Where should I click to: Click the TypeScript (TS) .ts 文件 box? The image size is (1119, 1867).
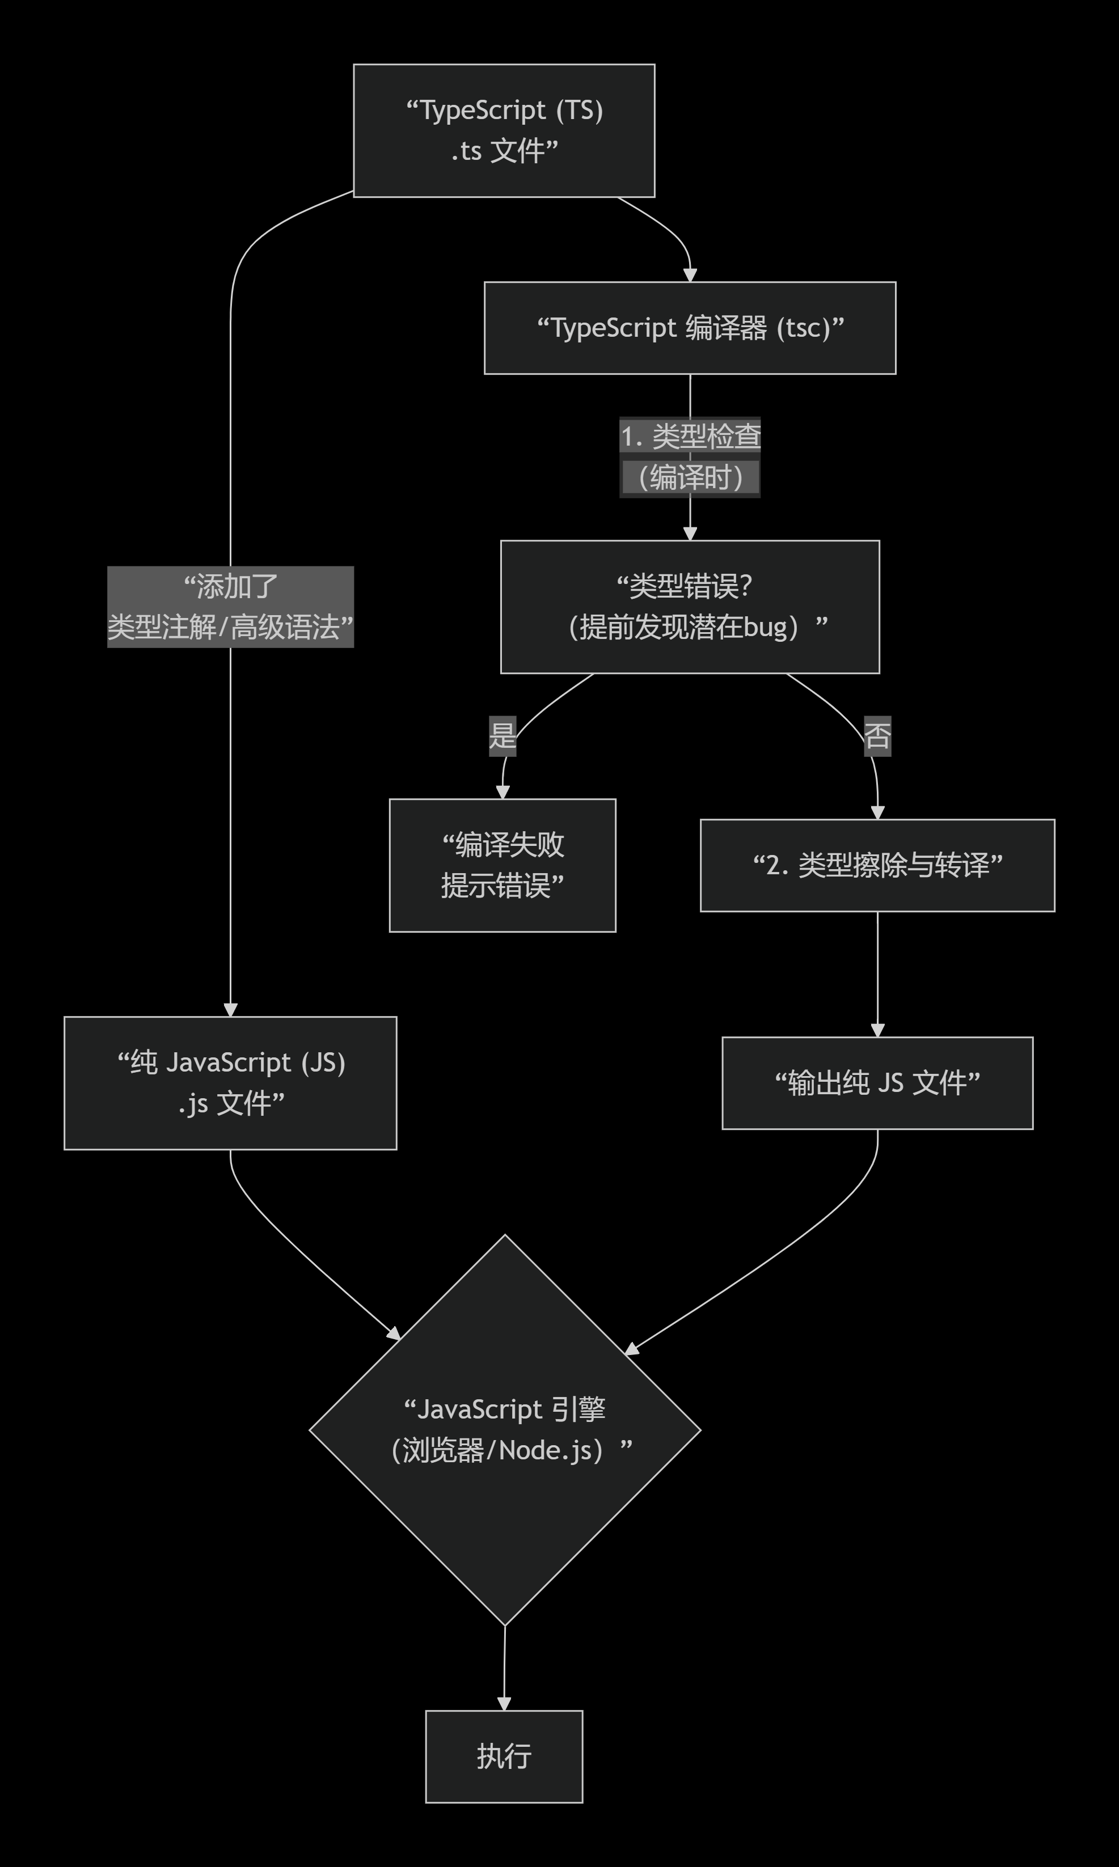(504, 130)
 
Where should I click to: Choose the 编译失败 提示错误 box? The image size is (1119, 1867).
(502, 865)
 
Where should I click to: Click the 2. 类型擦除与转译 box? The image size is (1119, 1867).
(877, 865)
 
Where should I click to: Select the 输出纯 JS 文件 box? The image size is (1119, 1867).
(877, 1083)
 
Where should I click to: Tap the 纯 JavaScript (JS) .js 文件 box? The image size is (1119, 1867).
(230, 1083)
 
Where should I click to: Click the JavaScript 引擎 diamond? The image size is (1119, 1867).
(504, 1430)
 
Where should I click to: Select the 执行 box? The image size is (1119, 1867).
(504, 1756)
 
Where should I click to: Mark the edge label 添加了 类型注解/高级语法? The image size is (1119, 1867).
(230, 607)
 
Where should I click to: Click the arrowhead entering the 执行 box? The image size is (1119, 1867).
(504, 1704)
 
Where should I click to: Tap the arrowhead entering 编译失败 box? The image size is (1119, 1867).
(502, 792)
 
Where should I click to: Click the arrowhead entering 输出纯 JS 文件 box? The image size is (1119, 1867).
(877, 1030)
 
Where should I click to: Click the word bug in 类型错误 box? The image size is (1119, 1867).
(765, 627)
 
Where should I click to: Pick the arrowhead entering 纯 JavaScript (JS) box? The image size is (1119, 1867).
(230, 1010)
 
